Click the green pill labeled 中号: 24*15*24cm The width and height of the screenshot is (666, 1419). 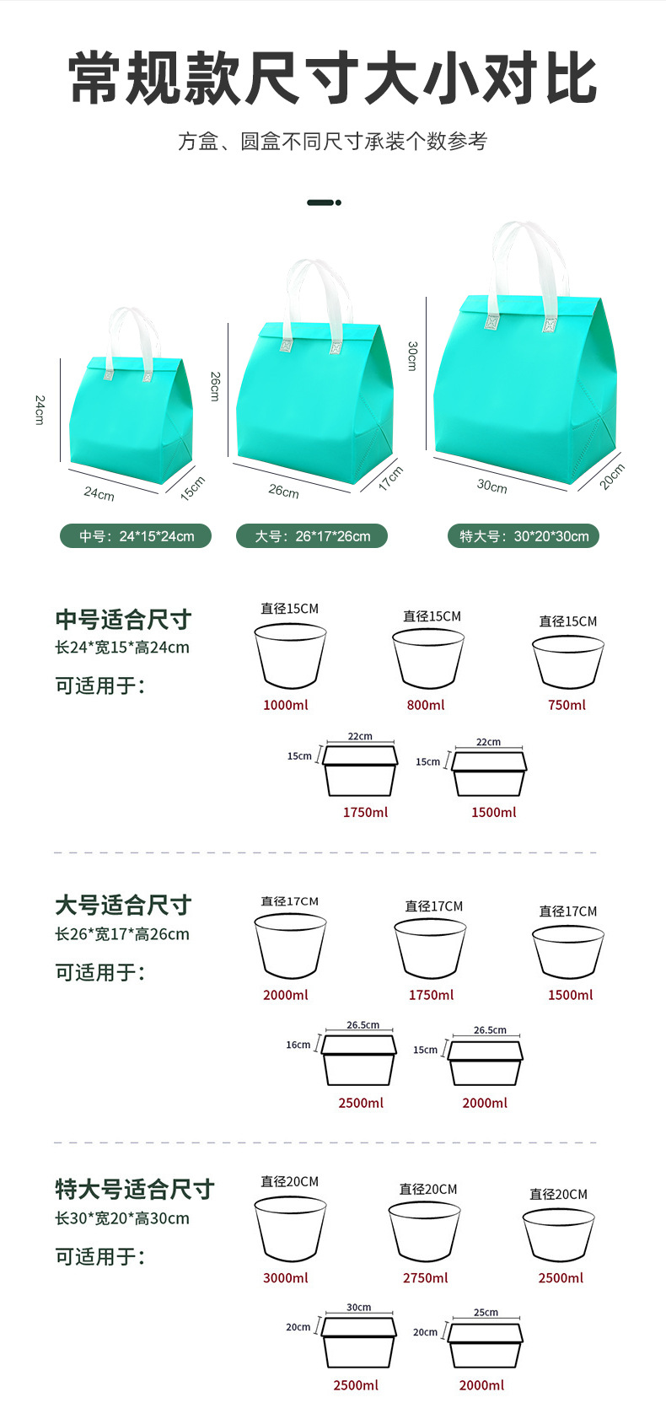136,536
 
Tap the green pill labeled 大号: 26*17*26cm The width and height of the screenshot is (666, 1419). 312,536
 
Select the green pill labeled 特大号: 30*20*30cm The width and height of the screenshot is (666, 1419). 524,536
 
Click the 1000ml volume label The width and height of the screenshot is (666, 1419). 286,705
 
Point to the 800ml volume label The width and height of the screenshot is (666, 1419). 426,705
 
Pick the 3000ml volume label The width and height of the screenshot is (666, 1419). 286,1277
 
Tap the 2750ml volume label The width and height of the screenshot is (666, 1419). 426,1277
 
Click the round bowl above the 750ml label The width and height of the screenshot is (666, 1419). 568,662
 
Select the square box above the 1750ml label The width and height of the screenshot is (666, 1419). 360,771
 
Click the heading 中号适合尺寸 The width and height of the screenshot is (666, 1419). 123,620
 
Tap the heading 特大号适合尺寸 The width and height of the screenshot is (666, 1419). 135,1189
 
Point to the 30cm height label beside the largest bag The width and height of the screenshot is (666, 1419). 412,356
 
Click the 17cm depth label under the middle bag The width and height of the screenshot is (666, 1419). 390,478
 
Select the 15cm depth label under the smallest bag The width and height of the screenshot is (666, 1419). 193,488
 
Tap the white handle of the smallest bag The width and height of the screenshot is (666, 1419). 130,333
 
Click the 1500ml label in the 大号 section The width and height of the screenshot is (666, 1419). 570,995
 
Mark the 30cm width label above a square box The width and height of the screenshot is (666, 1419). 359,1307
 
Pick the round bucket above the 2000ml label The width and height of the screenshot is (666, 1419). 290,946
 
